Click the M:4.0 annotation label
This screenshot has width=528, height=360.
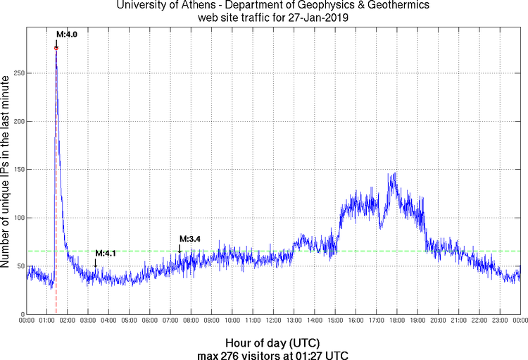tap(66, 34)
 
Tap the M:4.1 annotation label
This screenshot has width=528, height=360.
tap(105, 253)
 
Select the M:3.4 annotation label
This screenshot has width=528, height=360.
tap(190, 239)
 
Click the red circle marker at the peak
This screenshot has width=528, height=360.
tap(56, 48)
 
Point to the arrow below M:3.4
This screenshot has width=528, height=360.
tap(180, 248)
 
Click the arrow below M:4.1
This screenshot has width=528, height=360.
tap(96, 263)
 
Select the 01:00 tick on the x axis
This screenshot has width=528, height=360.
tap(46, 321)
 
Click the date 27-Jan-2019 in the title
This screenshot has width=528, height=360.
tap(315, 18)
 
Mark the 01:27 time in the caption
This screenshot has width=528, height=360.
tap(310, 354)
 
